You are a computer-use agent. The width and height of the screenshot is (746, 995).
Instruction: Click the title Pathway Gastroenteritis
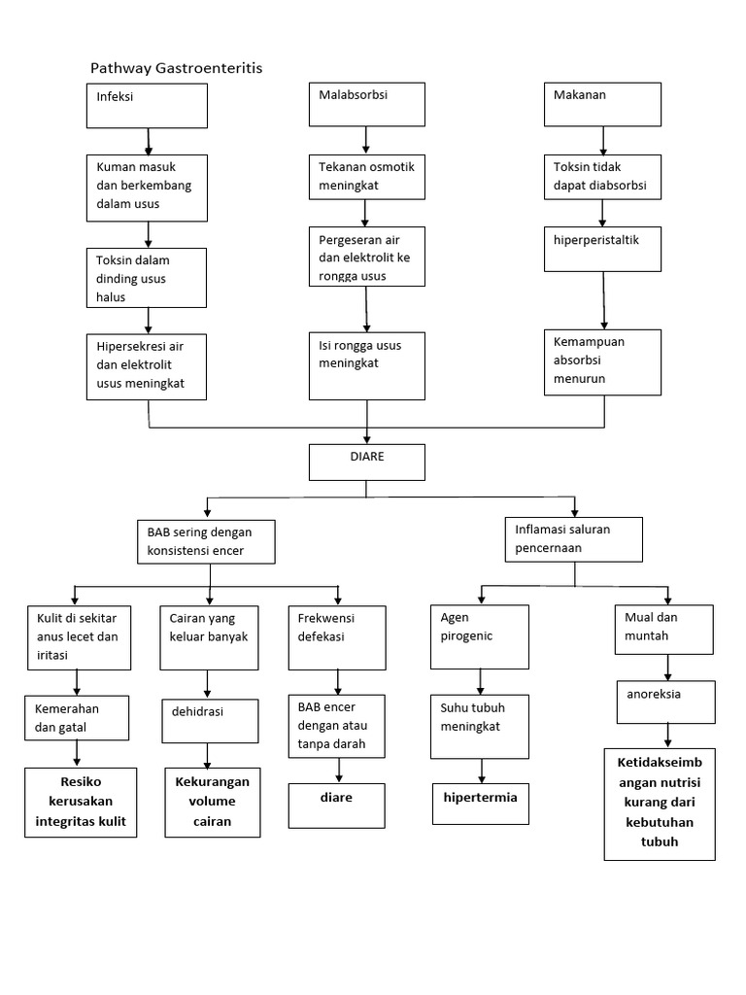click(x=176, y=68)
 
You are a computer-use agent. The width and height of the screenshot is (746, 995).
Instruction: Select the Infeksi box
click(x=147, y=106)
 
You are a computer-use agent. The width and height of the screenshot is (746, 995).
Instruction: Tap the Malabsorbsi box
click(x=367, y=104)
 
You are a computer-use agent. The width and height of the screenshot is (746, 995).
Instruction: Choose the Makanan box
click(x=602, y=104)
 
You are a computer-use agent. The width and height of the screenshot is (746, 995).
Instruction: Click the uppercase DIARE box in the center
click(x=367, y=462)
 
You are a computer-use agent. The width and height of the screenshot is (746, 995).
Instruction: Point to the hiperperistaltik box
click(x=602, y=248)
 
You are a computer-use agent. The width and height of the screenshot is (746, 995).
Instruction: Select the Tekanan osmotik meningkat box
click(x=367, y=177)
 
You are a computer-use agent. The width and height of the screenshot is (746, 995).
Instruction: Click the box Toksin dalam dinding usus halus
click(x=147, y=277)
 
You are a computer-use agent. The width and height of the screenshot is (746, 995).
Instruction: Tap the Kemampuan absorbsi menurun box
click(x=602, y=361)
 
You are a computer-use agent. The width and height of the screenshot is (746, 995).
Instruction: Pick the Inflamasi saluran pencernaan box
click(x=574, y=539)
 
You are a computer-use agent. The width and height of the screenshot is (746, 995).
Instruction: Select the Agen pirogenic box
click(x=480, y=636)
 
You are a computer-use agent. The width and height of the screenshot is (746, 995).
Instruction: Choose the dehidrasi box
click(x=210, y=721)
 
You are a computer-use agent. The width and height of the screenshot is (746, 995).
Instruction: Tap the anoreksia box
click(x=666, y=702)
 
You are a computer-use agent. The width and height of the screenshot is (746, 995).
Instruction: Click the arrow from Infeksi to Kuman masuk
click(x=149, y=141)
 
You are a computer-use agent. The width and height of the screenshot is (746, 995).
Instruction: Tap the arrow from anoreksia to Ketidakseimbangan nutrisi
click(x=667, y=735)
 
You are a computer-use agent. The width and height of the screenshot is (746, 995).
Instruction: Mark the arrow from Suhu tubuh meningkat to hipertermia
click(x=480, y=771)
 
